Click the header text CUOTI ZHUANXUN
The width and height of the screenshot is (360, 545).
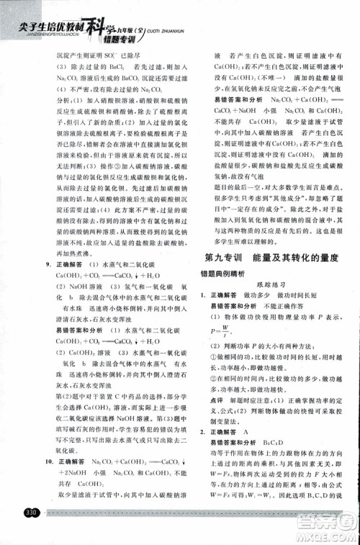(x=177, y=20)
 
